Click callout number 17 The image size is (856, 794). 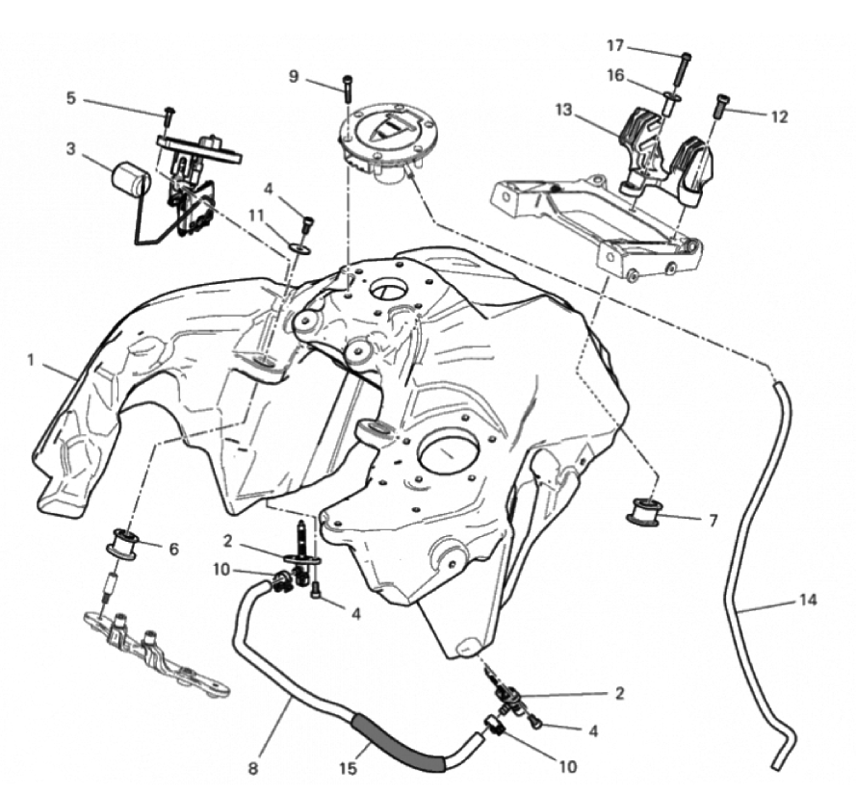[x=615, y=46]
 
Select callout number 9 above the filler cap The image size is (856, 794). [x=294, y=76]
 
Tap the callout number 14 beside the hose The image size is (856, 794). [x=808, y=601]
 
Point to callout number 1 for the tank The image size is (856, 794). [x=31, y=360]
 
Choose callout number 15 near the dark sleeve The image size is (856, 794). [x=348, y=768]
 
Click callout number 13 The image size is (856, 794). [x=563, y=110]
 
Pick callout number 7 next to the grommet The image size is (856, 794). [x=713, y=521]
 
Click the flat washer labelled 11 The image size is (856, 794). [x=298, y=248]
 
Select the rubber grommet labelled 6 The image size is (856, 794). [x=124, y=543]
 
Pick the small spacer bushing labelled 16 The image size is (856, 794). [x=671, y=104]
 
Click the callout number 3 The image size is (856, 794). [x=70, y=148]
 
